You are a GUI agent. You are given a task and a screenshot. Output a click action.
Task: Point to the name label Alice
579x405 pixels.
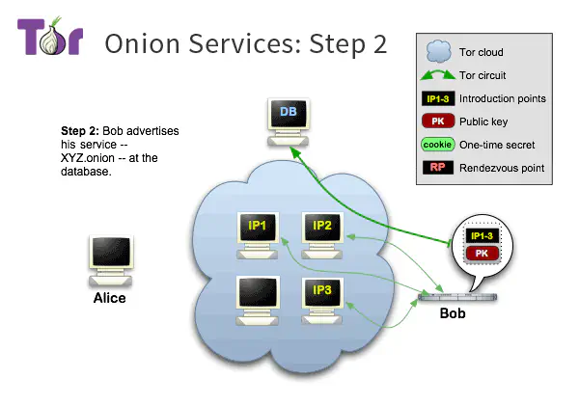(108, 298)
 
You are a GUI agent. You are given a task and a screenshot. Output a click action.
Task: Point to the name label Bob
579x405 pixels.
(454, 314)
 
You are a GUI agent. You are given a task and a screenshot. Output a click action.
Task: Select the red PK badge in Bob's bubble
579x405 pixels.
(482, 253)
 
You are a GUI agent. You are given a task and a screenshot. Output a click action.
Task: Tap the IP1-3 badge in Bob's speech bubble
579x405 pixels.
(482, 234)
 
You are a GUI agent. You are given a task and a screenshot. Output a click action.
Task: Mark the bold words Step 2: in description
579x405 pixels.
(81, 131)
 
